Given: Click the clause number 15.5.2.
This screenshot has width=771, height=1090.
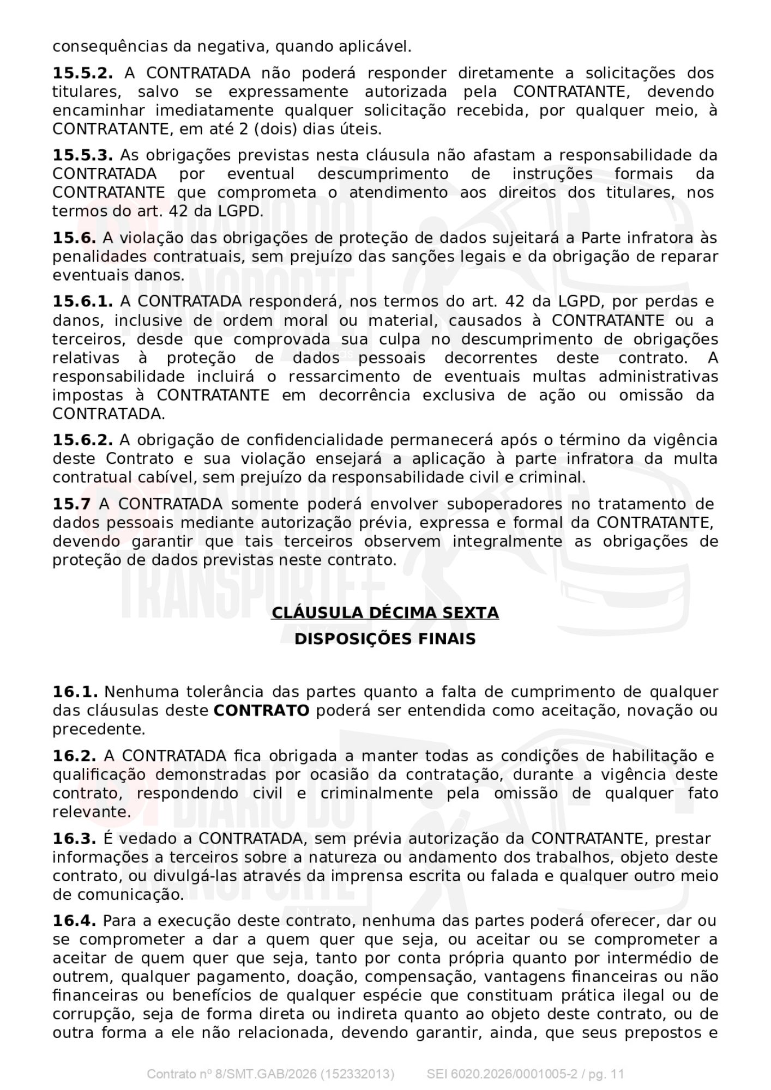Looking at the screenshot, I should tap(82, 73).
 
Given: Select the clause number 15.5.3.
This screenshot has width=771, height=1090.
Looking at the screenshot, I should tap(82, 155).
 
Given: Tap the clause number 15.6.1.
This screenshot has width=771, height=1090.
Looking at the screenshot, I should tap(82, 301).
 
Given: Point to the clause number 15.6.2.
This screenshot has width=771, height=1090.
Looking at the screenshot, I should tap(82, 440).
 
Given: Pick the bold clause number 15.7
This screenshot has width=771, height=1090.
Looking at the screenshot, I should tap(71, 504).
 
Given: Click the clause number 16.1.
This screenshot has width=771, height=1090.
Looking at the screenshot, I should tap(75, 692).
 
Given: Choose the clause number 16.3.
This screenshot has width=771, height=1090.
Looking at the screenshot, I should tap(74, 839).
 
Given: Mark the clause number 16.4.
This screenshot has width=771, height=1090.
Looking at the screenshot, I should tap(74, 921).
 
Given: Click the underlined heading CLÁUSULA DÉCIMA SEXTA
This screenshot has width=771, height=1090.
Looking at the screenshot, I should tap(385, 613).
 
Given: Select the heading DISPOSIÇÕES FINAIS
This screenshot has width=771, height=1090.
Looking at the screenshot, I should tap(385, 639).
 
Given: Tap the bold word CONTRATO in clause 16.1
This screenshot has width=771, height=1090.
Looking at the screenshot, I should tap(261, 711).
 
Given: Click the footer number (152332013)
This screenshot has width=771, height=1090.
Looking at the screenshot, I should tap(357, 1074).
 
